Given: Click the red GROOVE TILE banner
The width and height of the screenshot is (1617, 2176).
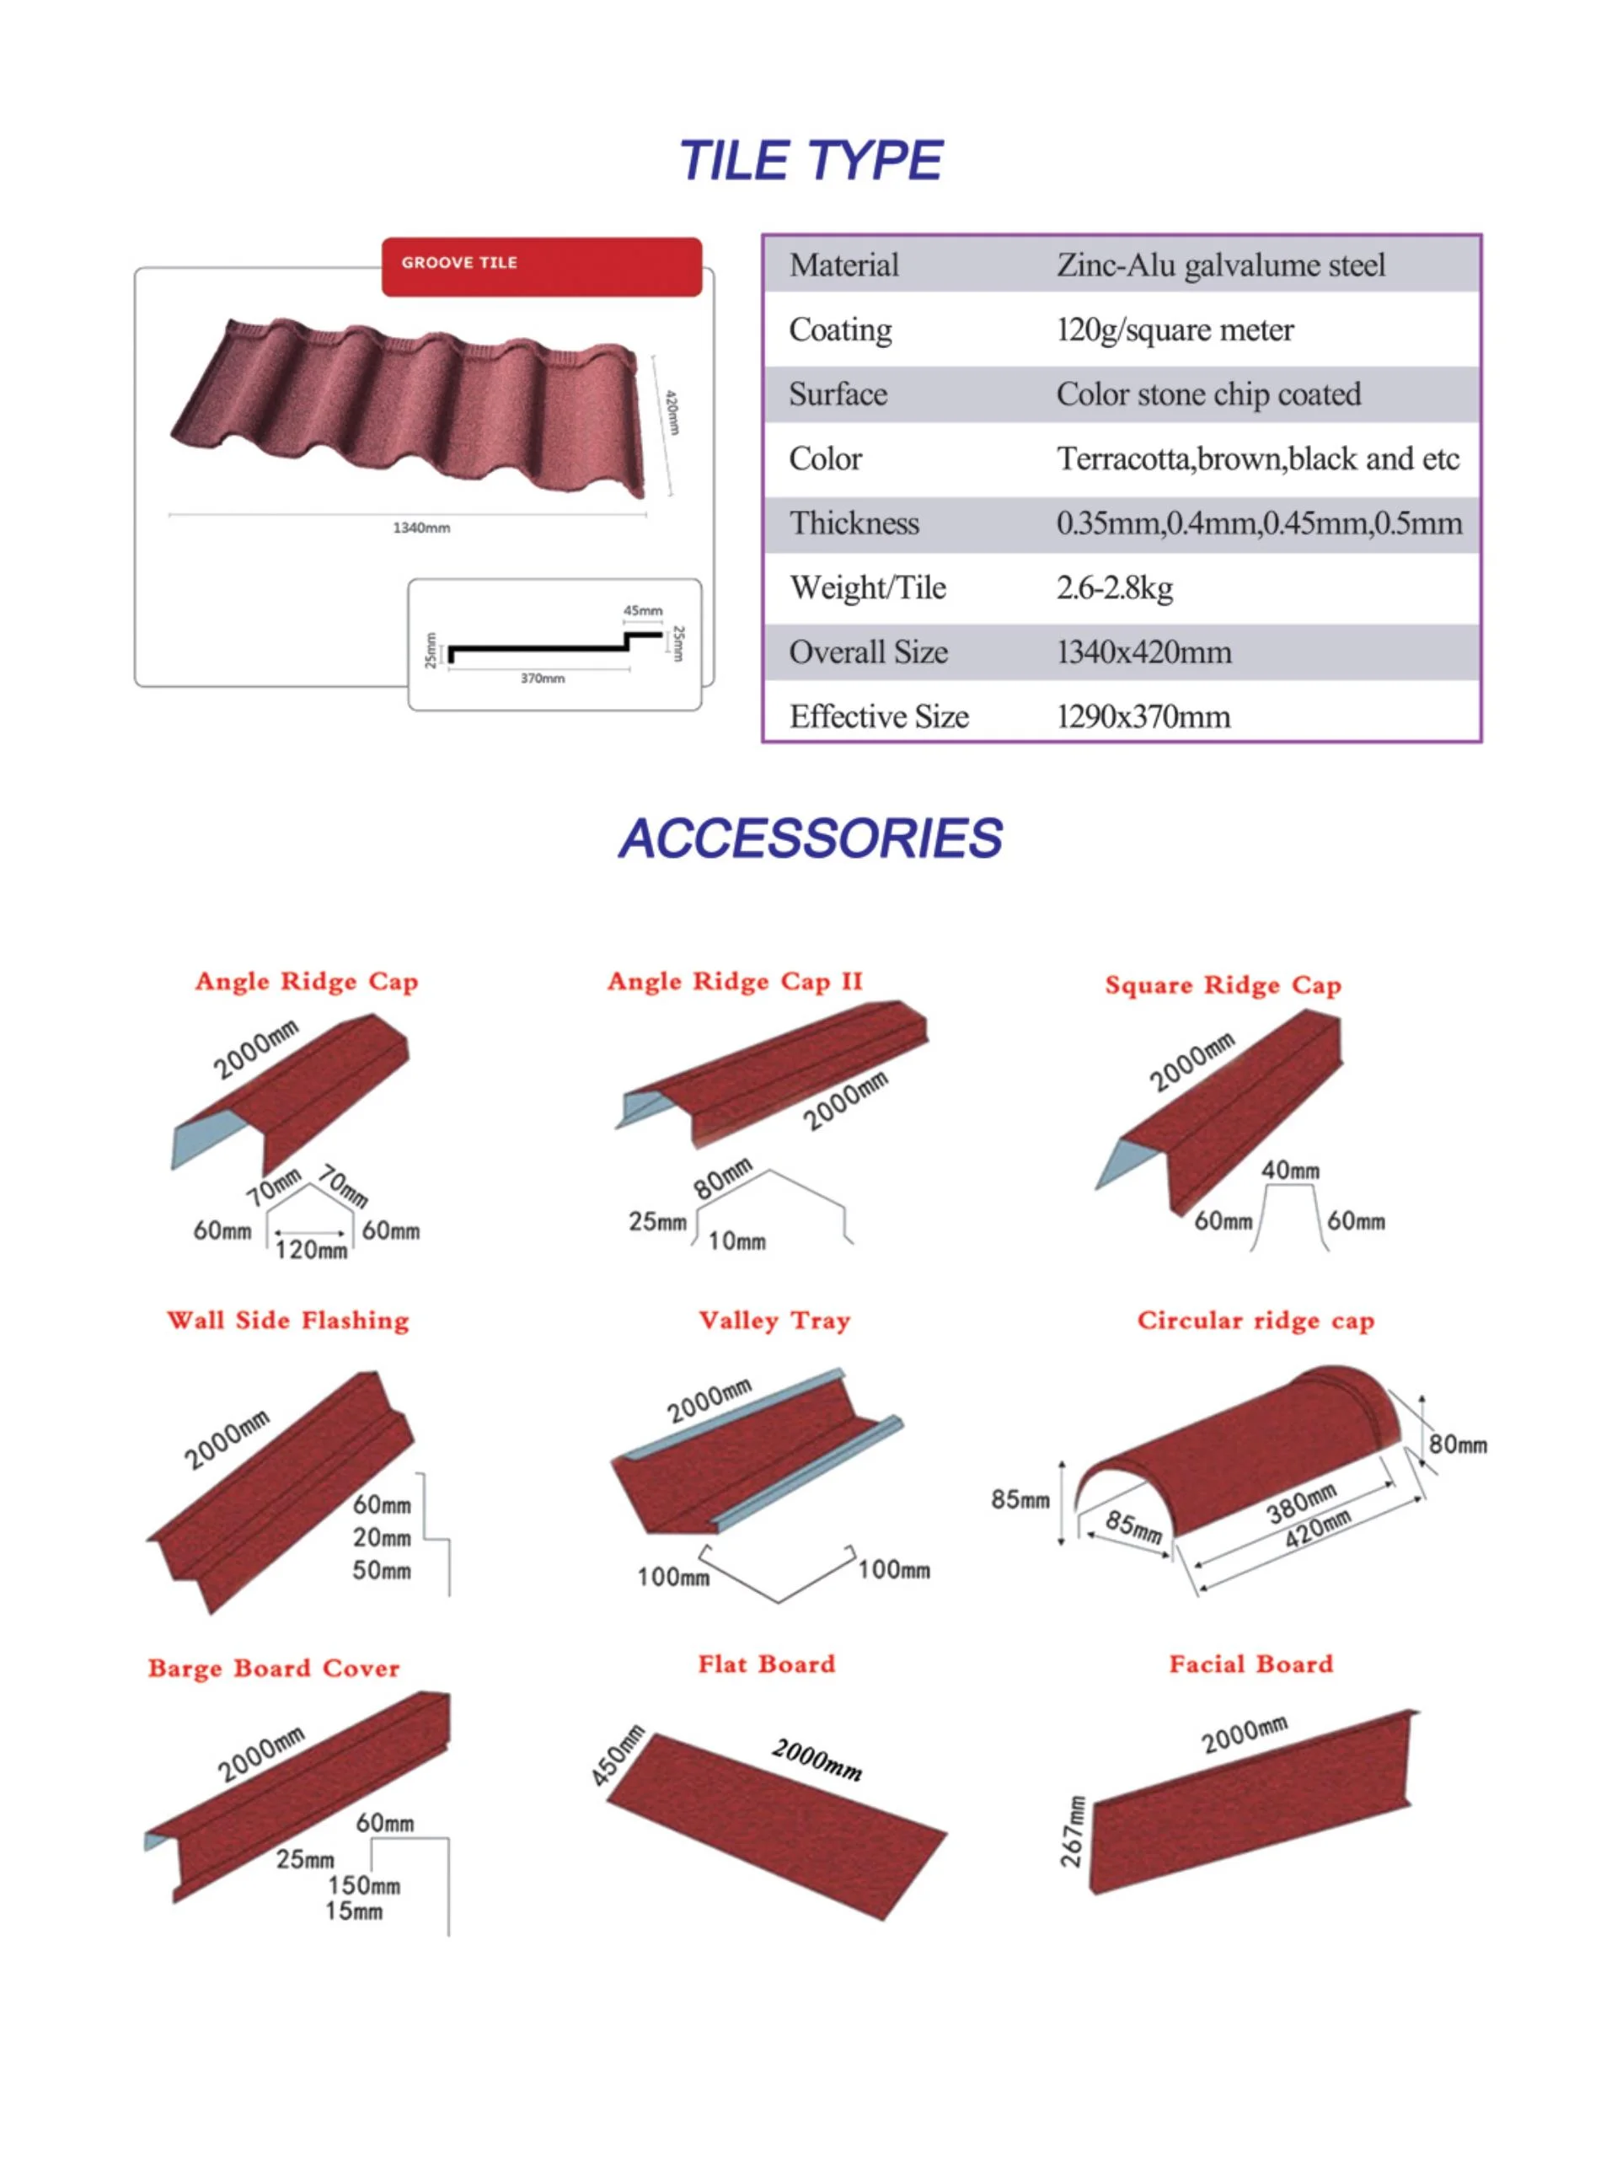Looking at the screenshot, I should [x=540, y=265].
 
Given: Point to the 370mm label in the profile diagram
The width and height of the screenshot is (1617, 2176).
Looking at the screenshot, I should [x=543, y=678].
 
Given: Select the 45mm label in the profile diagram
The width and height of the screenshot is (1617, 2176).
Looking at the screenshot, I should [x=642, y=610].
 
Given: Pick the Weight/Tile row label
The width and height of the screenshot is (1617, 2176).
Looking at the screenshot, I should [x=867, y=587].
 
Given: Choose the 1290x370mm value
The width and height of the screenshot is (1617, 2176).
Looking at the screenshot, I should [x=1143, y=716].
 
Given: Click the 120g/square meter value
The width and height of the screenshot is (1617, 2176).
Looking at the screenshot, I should [x=1175, y=330].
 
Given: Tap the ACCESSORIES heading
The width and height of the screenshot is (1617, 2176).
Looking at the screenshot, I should [x=810, y=839].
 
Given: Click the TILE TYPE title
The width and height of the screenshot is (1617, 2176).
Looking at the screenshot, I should [x=810, y=160].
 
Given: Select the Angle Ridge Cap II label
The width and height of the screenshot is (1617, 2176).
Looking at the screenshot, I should [x=734, y=981].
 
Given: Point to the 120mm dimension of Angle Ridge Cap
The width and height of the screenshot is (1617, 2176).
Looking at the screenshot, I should [x=311, y=1249].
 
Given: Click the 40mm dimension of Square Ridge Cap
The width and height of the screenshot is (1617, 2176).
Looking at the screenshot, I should [x=1289, y=1170].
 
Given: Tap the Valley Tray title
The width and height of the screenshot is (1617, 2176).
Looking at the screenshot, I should [x=774, y=1321].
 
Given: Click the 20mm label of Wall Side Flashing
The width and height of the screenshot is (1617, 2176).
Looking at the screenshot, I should [x=382, y=1538].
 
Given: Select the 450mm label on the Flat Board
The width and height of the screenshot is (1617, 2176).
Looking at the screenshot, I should [x=618, y=1756].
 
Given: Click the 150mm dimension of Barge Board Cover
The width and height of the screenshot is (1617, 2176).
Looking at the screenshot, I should [x=363, y=1885].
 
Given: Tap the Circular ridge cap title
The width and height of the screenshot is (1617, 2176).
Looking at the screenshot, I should [x=1255, y=1321].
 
